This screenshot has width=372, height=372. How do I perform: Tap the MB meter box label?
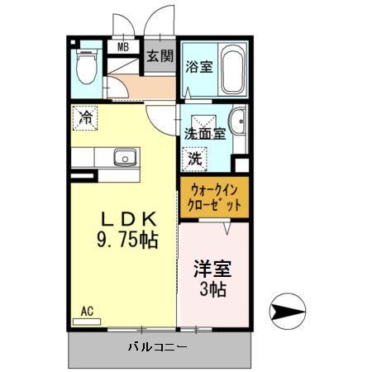pos(123,47)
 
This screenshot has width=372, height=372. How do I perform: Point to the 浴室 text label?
pos(199,67)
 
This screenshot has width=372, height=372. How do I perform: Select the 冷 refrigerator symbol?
pos(85,117)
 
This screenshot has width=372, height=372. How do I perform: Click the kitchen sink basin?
pos(125,156)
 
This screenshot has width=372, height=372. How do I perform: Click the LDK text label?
pos(127,221)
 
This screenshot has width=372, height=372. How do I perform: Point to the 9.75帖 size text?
pos(127,241)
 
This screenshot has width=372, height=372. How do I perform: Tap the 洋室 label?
pos(212,269)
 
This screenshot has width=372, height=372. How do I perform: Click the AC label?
pos(87,312)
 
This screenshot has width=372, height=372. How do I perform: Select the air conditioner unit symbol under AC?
pos(86,322)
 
